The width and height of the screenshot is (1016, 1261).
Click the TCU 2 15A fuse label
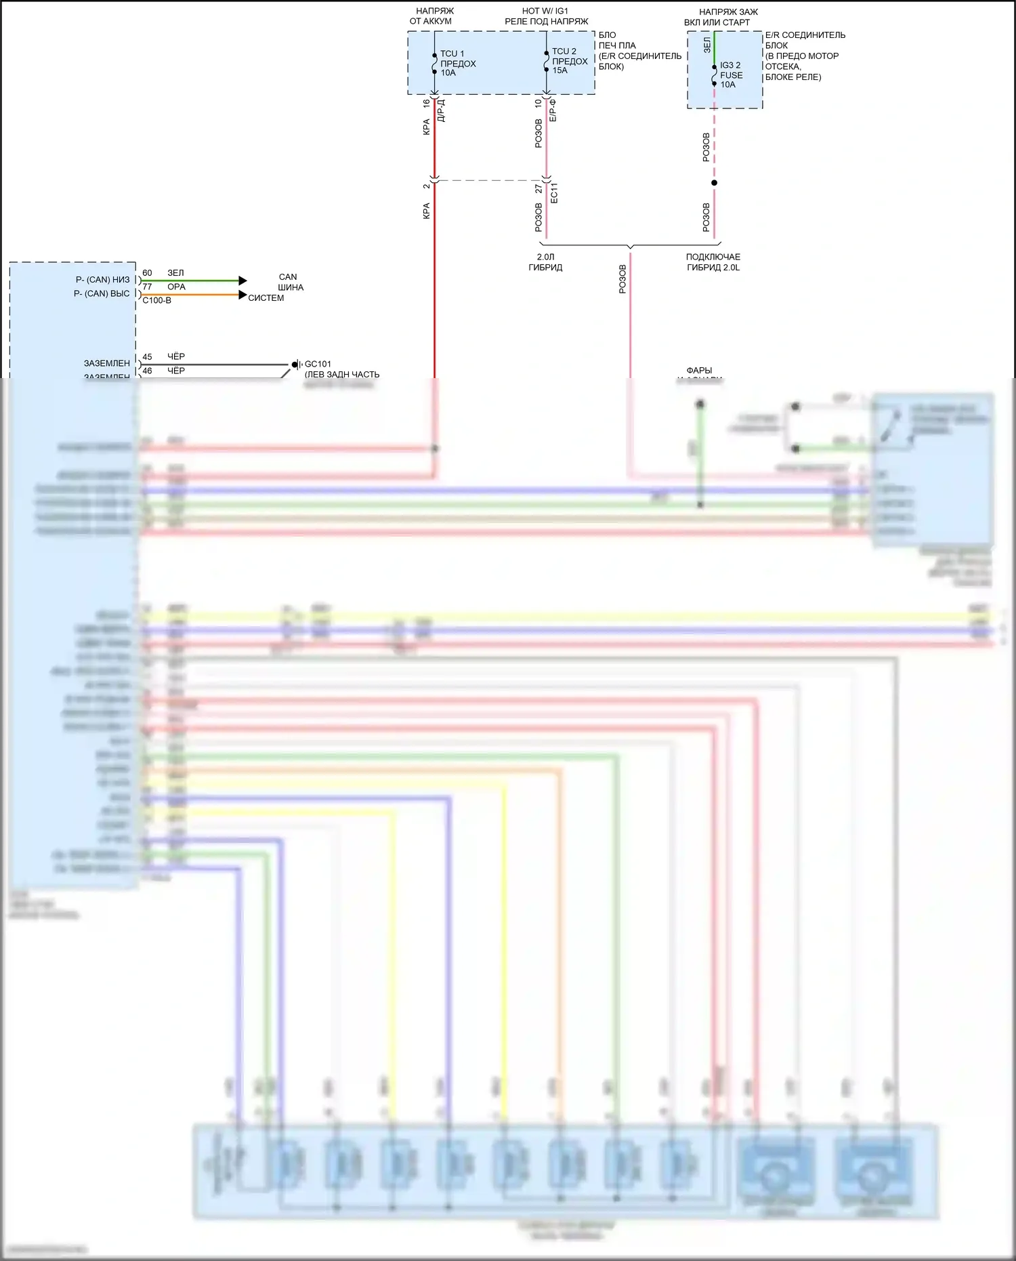[569, 61]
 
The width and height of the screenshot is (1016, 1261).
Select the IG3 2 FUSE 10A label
[731, 75]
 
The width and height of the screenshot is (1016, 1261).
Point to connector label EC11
[554, 192]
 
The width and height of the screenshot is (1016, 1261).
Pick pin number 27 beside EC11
[538, 188]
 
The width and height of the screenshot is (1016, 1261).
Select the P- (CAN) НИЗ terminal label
[102, 280]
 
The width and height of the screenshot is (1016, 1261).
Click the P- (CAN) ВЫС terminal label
[102, 293]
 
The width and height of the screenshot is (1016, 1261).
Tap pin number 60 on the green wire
[147, 273]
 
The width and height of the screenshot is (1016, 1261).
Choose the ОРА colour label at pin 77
[176, 287]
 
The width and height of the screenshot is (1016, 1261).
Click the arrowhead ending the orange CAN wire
[243, 295]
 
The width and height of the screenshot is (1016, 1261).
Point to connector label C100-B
[156, 301]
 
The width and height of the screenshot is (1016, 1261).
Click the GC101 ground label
[318, 364]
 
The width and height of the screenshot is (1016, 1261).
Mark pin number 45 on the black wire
[147, 356]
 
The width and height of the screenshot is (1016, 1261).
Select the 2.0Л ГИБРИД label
[545, 262]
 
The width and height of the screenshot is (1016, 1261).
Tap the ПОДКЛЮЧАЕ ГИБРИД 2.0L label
[713, 262]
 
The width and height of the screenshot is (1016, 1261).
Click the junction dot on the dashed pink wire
[714, 183]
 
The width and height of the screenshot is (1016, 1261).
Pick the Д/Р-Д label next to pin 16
[441, 110]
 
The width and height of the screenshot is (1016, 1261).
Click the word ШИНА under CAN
[291, 287]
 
